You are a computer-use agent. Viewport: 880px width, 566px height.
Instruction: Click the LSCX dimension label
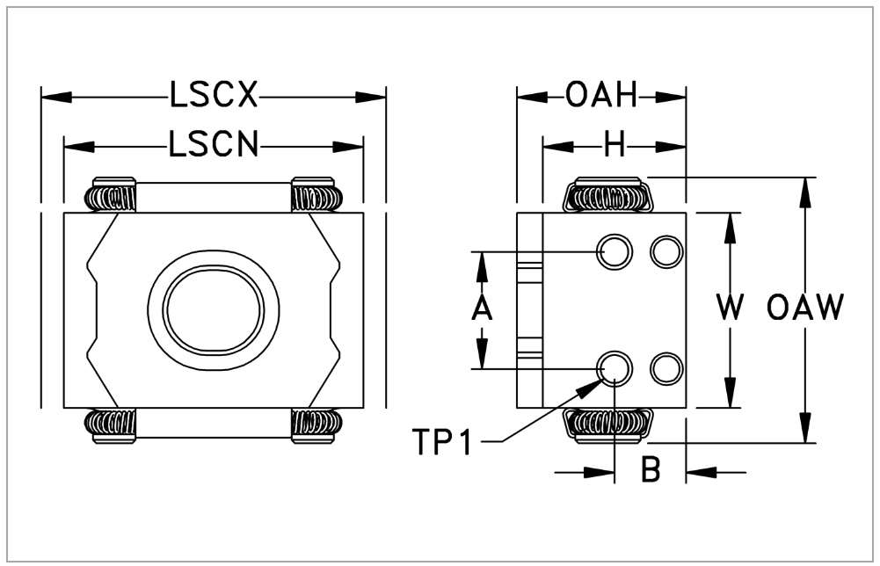[215, 95]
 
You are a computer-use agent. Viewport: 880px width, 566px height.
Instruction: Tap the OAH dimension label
[600, 95]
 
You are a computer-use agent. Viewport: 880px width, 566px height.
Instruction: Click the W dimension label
[730, 308]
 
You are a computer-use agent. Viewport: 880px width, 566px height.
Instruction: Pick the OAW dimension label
[805, 308]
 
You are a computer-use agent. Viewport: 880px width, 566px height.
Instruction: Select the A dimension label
[482, 309]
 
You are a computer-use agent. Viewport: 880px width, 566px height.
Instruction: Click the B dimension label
[651, 471]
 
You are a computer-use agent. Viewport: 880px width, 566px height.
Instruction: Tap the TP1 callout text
[442, 442]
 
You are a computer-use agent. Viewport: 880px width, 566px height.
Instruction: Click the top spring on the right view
[606, 194]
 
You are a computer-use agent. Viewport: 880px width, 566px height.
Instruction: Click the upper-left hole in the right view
[614, 252]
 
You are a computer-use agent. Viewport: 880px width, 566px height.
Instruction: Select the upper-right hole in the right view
[665, 252]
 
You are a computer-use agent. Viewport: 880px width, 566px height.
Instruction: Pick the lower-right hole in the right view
[665, 367]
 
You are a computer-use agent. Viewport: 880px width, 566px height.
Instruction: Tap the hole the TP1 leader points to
[614, 367]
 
